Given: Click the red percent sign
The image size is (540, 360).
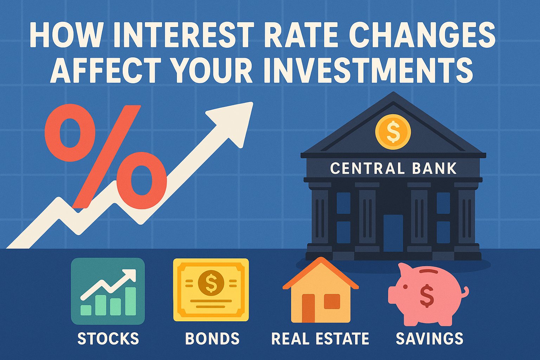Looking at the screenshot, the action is [105, 157].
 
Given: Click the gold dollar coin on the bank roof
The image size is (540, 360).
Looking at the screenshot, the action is [393, 132].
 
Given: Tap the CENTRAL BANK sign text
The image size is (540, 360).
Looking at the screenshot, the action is [393, 168].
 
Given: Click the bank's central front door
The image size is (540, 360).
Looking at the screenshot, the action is [393, 233].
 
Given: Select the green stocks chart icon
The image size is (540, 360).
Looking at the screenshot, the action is [108, 291].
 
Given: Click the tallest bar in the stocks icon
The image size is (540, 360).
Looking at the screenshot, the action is [131, 301].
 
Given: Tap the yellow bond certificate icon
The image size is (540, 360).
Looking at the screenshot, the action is [211, 290].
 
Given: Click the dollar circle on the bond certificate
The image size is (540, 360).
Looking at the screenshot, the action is [211, 283].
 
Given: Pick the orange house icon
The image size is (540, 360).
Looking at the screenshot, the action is [321, 290].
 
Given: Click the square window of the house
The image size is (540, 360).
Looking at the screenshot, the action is [332, 302].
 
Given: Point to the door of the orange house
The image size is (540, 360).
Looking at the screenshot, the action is [308, 308].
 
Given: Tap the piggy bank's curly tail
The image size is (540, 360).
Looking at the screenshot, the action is [465, 292].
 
